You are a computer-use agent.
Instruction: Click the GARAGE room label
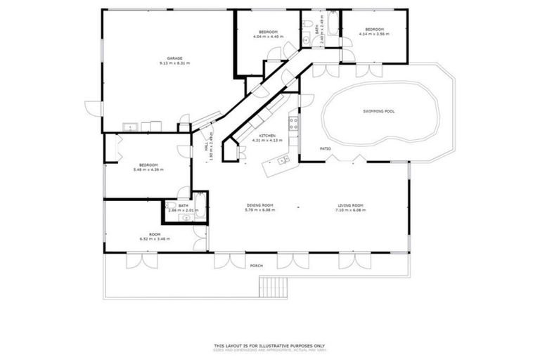point(174,58)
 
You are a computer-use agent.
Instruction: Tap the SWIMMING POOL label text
point(378,111)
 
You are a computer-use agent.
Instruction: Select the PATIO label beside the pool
point(326,148)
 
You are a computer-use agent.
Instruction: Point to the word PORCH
point(257,266)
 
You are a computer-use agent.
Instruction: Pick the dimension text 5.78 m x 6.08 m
point(259,210)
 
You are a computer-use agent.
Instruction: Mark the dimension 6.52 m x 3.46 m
point(155,239)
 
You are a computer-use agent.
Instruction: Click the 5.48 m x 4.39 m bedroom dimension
point(148,169)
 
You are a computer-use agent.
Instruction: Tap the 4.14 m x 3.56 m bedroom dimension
point(373,34)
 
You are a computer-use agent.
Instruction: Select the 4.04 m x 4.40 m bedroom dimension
point(269,37)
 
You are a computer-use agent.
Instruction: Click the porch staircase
point(274,287)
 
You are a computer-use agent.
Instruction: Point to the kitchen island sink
point(283,162)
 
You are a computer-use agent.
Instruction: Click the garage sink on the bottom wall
point(129,127)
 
